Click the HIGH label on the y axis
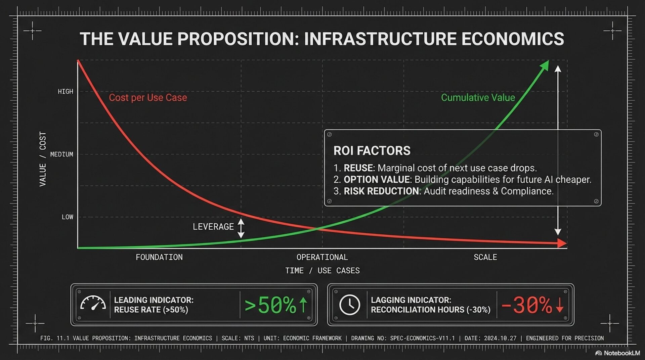pos(65,91)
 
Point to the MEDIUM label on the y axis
pos(61,154)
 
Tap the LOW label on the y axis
pos(67,217)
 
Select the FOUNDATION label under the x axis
pos(159,257)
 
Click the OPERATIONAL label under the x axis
pos(322,257)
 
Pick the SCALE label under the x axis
pos(485,257)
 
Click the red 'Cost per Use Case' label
pos(148,97)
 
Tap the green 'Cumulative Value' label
pos(478,97)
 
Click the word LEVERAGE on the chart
pos(213,227)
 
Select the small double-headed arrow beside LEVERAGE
pos(241,228)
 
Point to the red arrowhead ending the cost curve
pos(562,243)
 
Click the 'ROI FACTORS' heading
pos(372,151)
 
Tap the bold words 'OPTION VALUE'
pos(377,179)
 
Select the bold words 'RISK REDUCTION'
pos(381,191)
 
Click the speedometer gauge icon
pos(93,304)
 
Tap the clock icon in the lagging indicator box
pos(349,305)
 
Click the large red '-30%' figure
pos(527,305)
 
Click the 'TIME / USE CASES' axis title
pos(322,271)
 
